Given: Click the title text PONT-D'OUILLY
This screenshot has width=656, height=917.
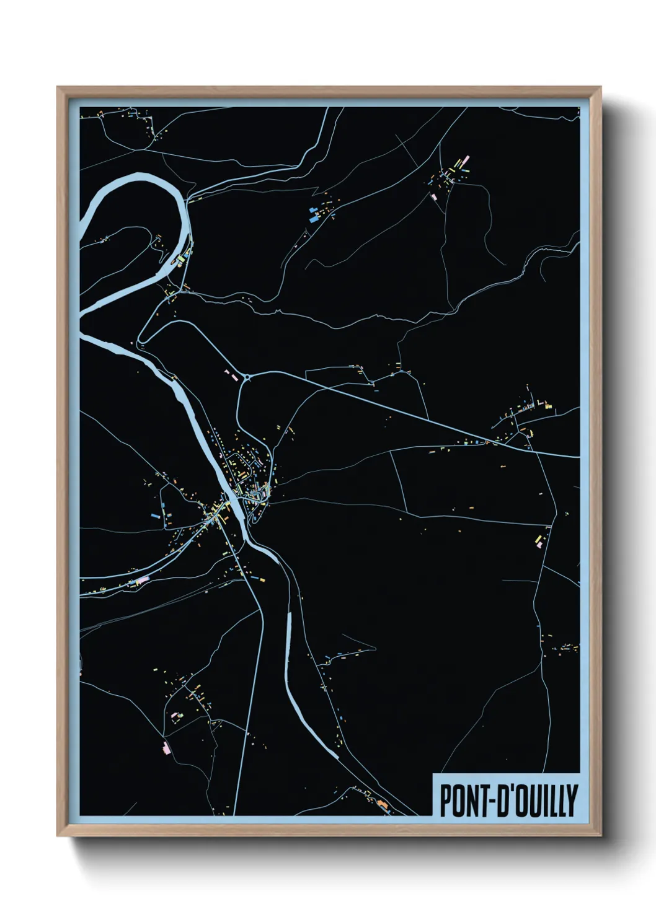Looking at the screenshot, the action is click(508, 800).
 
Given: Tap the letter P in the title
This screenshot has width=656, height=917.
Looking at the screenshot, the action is click(445, 800).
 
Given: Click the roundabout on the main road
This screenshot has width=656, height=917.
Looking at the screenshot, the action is click(247, 376).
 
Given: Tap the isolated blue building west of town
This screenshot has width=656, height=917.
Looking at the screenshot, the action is click(155, 515).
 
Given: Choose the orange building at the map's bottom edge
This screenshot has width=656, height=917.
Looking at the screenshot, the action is click(382, 805).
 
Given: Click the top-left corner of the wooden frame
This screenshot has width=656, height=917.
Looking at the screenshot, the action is click(58, 87).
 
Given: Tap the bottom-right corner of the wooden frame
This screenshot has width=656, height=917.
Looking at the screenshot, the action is click(600, 836).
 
